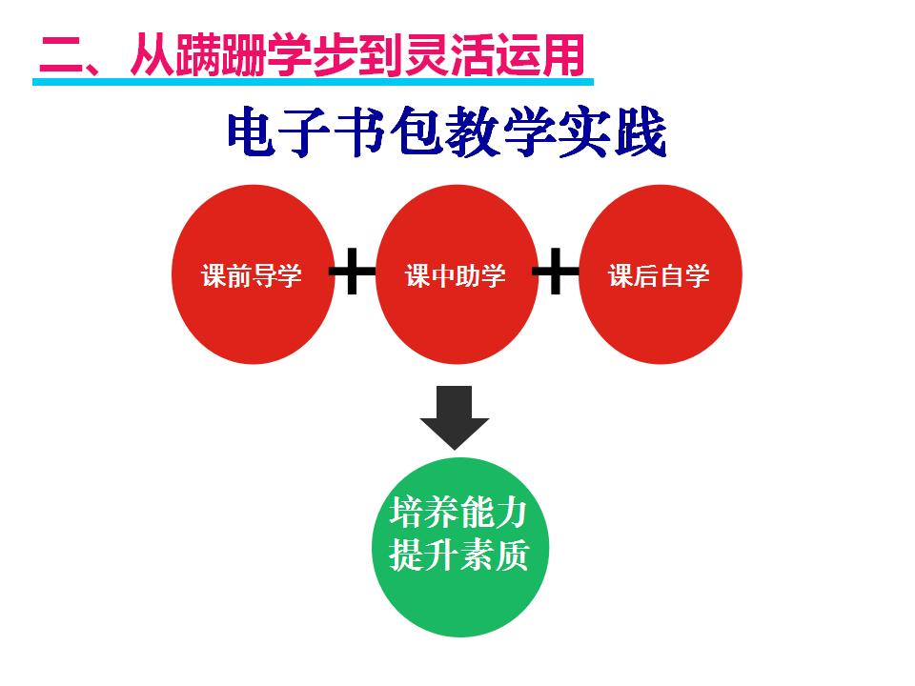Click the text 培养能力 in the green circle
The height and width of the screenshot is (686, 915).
click(x=458, y=514)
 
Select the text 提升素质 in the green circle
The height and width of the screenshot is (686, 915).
click(x=458, y=555)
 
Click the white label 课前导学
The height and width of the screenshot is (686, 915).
click(x=252, y=276)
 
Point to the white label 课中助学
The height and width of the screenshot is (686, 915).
click(x=456, y=276)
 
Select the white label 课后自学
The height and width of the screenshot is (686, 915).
click(x=660, y=276)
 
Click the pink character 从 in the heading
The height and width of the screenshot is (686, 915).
click(x=148, y=55)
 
